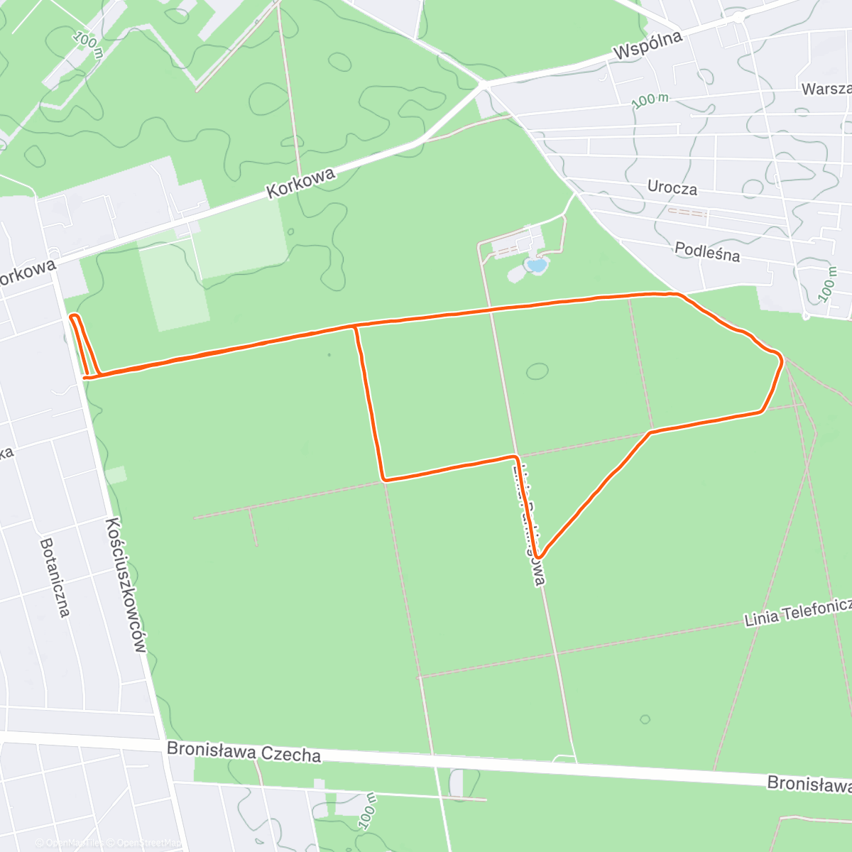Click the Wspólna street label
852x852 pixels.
pyautogui.click(x=648, y=45)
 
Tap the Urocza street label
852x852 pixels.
pyautogui.click(x=672, y=188)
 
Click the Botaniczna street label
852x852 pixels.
pyautogui.click(x=55, y=577)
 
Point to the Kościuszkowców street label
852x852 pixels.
pyautogui.click(x=126, y=585)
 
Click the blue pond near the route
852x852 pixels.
pyautogui.click(x=537, y=266)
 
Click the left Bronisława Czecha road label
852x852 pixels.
pyautogui.click(x=244, y=753)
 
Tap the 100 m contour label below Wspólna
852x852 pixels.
pyautogui.click(x=650, y=100)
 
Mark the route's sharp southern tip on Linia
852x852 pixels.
pyautogui.click(x=540, y=556)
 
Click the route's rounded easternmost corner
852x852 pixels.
pyautogui.click(x=780, y=360)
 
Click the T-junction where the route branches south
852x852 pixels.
pyautogui.click(x=355, y=327)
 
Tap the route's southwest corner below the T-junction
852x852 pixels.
pyautogui.click(x=384, y=479)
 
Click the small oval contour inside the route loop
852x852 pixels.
pyautogui.click(x=537, y=371)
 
